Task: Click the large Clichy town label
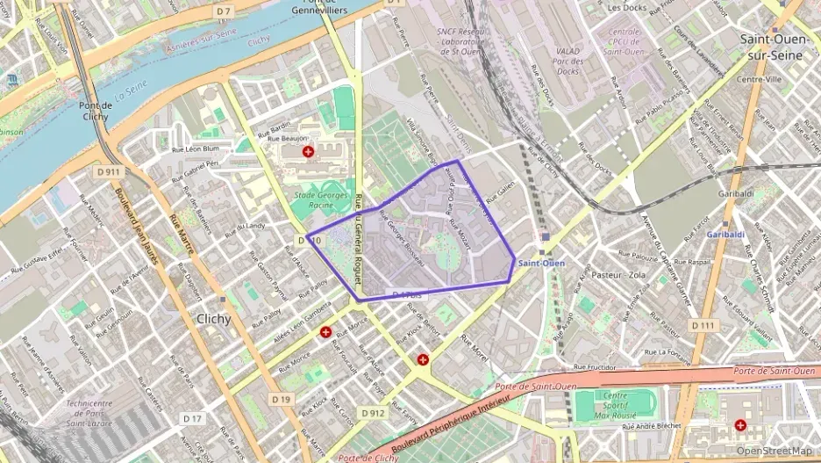[215, 319]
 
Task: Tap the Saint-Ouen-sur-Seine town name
[773, 47]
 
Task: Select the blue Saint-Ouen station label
[541, 263]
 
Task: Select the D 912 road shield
[371, 413]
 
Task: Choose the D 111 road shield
[703, 325]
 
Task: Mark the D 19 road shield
[281, 400]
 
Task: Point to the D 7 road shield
[224, 11]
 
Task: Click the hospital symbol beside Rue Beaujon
[308, 152]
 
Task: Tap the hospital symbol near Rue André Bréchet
[741, 425]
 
